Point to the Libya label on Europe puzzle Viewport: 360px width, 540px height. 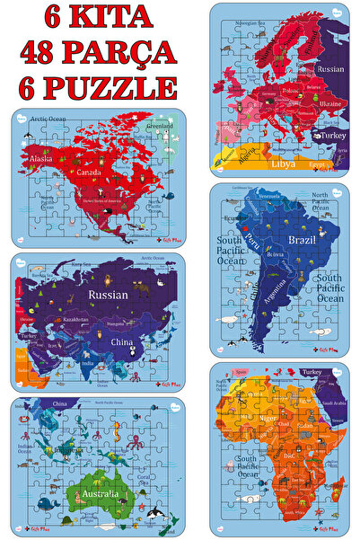pos(285,165)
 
